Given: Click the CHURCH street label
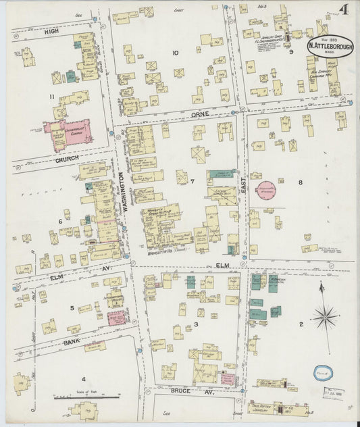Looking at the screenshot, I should coord(68,158).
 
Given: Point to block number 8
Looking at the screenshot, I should coord(301,182).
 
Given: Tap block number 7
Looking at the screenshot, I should coord(192,181).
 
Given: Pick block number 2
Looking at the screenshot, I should coord(301,324).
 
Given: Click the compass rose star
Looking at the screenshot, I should coord(325,315).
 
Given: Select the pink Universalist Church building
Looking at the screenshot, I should coord(69,132).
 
